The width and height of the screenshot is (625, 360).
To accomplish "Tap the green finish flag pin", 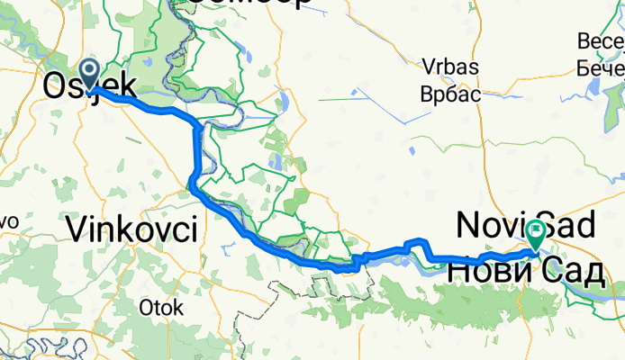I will point(537,233).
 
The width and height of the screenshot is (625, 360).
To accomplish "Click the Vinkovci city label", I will point(132,230).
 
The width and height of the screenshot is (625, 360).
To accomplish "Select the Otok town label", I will point(161,308).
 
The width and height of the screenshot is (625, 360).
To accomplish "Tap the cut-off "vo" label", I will point(8,221).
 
